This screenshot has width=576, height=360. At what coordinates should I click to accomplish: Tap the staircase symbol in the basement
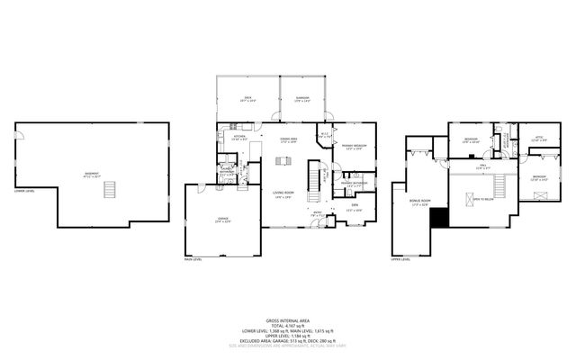111,190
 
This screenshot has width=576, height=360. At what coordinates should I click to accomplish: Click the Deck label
247,100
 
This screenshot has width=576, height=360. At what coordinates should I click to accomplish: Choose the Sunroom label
302,100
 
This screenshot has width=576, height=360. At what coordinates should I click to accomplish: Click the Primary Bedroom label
352,146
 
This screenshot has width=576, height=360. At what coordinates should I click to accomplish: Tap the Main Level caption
193,260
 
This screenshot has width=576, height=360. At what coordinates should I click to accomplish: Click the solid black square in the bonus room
438,217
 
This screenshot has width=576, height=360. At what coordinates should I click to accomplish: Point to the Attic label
538,139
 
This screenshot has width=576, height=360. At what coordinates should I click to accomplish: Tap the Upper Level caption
400,260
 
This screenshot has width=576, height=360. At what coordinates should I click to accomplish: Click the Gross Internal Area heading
288,320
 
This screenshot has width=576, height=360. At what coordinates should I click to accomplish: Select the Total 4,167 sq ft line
288,326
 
